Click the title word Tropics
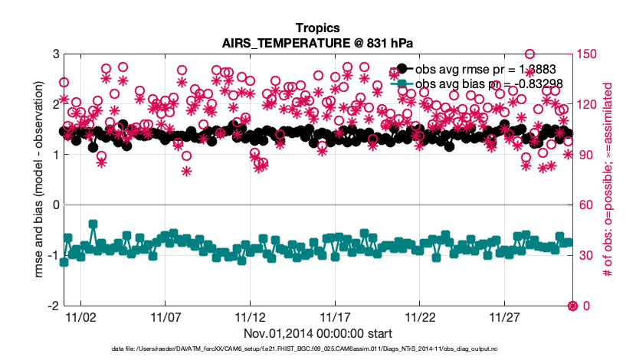(317, 29)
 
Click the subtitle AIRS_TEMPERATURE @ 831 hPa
(317, 43)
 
